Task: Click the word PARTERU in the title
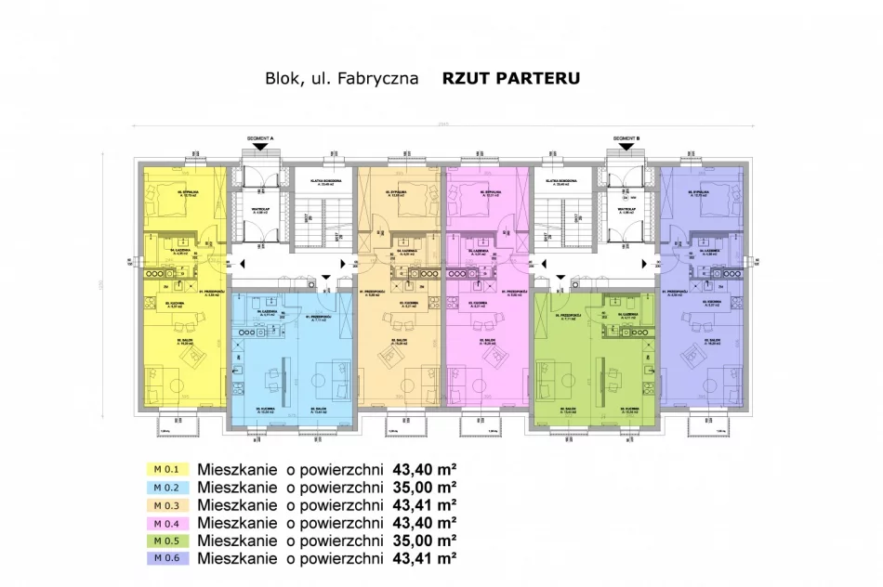coord(539,79)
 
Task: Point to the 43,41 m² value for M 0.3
coord(425,505)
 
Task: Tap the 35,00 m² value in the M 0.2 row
coord(425,488)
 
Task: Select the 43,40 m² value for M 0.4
coord(425,523)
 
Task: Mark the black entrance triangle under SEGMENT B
coord(627,146)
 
